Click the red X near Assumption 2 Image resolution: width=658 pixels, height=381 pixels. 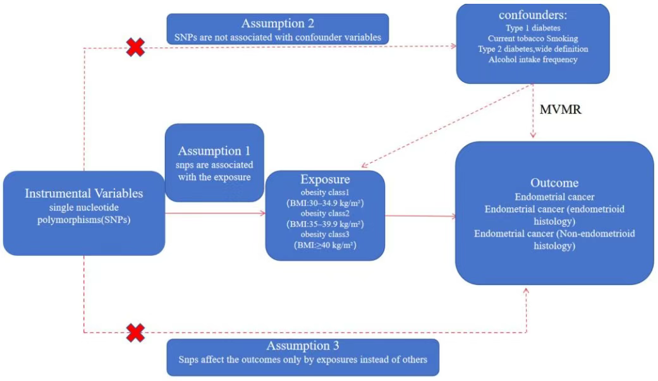pos(135,47)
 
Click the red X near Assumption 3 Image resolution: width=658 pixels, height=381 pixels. pos(135,333)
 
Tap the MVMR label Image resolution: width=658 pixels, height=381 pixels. pos(560,109)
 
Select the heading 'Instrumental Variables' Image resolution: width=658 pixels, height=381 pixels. pos(84,193)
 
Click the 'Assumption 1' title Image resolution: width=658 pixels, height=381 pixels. pos(214,150)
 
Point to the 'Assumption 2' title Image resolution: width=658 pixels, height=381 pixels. pos(277,23)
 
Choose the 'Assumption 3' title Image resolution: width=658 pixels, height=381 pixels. pos(303,346)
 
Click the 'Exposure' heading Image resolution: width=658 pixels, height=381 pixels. pos(325,179)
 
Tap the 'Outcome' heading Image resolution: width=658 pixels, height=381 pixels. pos(554,183)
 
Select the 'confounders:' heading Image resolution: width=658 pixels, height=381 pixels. pos(532,15)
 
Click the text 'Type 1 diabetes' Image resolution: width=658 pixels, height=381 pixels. pos(533,28)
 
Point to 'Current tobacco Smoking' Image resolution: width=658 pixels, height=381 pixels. pos(533,39)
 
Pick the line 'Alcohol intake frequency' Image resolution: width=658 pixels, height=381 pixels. pos(533,59)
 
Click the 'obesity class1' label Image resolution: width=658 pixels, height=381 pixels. pos(325,193)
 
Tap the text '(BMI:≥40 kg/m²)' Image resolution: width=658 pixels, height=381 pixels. pos(325,245)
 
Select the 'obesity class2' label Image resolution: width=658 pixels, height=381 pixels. pos(325,214)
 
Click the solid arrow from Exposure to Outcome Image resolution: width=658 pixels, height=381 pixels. pos(420,216)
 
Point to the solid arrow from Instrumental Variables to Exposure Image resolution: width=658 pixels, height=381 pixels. pos(216,213)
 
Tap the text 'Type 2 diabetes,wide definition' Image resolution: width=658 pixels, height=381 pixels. pos(533,49)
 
